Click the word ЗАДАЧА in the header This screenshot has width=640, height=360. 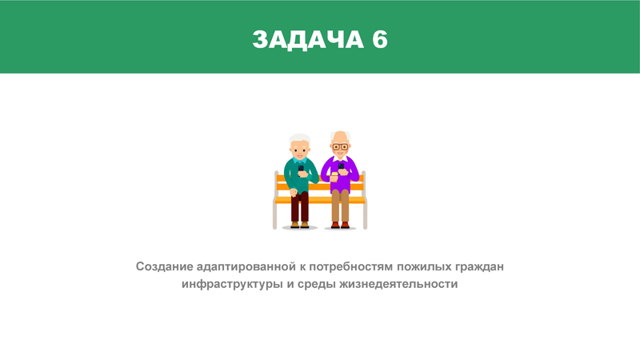pyautogui.click(x=308, y=39)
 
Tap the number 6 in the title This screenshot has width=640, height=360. pyautogui.click(x=379, y=39)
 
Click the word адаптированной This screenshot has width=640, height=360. pyautogui.click(x=246, y=267)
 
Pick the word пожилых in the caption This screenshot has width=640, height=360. pyautogui.click(x=425, y=267)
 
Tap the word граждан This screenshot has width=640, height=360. pyautogui.click(x=479, y=267)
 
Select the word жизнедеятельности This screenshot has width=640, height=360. pyautogui.click(x=398, y=285)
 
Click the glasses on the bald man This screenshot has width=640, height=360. pyautogui.click(x=340, y=146)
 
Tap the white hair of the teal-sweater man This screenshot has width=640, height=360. pyautogui.click(x=299, y=138)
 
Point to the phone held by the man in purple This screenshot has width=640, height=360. pyautogui.click(x=341, y=166)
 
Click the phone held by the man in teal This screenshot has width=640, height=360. pyautogui.click(x=301, y=169)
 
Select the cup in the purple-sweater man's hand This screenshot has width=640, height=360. pyautogui.click(x=334, y=176)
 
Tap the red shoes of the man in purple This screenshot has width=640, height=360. pyautogui.click(x=340, y=225)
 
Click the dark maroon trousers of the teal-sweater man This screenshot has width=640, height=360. pyautogui.click(x=300, y=207)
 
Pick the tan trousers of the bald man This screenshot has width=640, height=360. pyautogui.click(x=340, y=206)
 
